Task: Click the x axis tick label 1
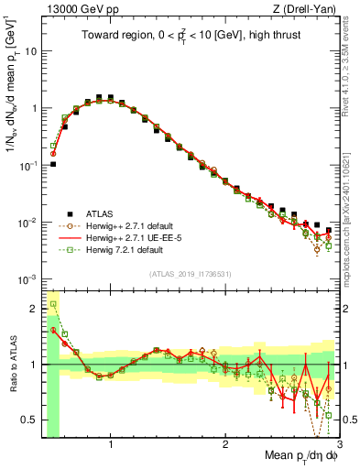coord(111,444)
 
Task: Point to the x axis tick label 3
coord(338,444)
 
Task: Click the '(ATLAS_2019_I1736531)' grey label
coord(190,274)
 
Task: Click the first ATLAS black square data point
coord(53,165)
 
